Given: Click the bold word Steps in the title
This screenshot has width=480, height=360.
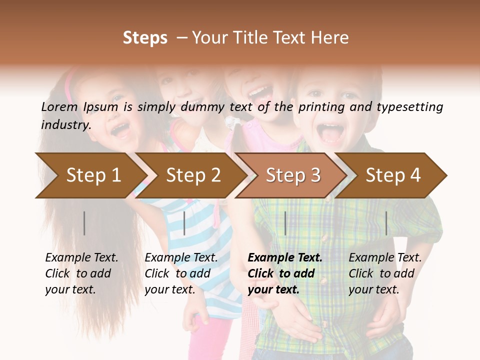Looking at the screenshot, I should [x=145, y=38].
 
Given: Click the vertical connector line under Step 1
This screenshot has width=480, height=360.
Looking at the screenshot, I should [x=84, y=223].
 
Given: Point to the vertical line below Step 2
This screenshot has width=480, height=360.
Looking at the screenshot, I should [x=184, y=223].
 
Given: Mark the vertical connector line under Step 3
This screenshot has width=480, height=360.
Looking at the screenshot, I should [x=285, y=223].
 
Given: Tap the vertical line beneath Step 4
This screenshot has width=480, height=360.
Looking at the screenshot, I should [x=386, y=223].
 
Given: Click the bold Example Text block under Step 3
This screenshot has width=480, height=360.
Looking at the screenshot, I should [x=285, y=273].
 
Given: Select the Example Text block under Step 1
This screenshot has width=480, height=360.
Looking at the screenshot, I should [x=81, y=273].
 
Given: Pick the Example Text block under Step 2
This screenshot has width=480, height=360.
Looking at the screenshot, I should [x=181, y=273].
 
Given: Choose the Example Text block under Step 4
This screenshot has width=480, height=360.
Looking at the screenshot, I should [x=385, y=273].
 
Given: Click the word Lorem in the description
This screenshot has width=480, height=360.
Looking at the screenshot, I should [x=59, y=107].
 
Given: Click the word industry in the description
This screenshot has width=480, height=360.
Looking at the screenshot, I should [x=65, y=125].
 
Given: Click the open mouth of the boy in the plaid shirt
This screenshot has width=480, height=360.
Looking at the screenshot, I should [x=331, y=132].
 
